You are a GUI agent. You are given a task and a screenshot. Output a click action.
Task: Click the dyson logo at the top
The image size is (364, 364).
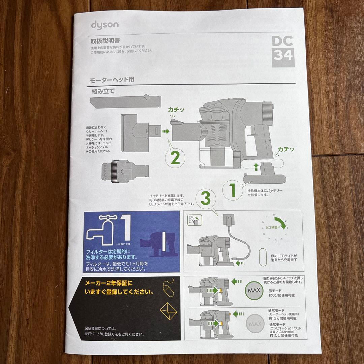point(104,25)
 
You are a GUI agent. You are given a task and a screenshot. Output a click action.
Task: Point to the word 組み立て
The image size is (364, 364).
point(103,91)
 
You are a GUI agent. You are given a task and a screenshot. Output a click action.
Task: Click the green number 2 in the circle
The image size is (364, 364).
point(175,157)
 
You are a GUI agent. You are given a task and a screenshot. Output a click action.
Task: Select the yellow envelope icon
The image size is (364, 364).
point(169,310)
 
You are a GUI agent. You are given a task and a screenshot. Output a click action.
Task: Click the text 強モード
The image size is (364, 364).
point(276,290)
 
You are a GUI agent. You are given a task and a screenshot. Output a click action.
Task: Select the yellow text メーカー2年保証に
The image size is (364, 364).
point(109,283)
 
